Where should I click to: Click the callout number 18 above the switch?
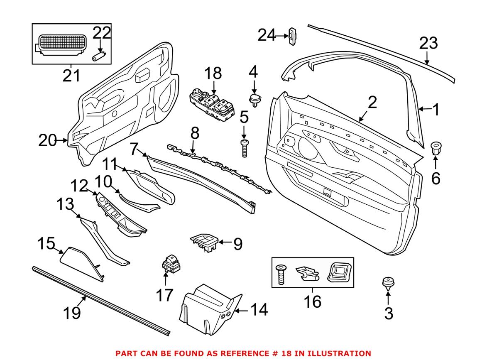[x=213, y=73]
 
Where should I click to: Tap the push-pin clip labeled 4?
[x=255, y=99]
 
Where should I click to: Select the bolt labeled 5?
[x=244, y=149]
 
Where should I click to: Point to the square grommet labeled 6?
[x=436, y=147]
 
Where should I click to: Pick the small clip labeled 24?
[x=293, y=36]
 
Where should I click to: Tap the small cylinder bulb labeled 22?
[x=99, y=56]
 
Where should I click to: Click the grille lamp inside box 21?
[x=61, y=45]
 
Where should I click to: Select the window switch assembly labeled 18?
[x=212, y=105]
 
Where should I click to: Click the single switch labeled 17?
[x=170, y=263]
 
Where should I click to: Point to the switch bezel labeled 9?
[x=204, y=242]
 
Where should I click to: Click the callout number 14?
[x=259, y=310]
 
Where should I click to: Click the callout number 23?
[x=428, y=43]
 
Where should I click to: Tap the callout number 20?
[x=47, y=140]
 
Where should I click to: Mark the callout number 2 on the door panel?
[x=372, y=103]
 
